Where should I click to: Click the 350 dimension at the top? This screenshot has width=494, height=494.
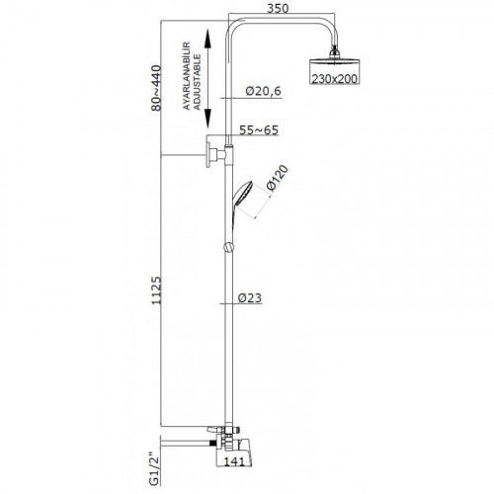278,8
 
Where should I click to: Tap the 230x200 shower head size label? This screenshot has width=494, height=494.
334,79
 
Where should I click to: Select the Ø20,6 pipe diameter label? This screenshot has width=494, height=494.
264,91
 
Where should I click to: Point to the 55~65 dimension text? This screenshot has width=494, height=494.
259,129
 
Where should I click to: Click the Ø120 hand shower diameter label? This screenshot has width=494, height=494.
278,178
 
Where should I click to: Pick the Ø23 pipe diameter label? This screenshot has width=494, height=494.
250,297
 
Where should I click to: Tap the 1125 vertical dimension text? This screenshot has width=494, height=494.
156,290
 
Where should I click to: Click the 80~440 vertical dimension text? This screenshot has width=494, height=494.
156,88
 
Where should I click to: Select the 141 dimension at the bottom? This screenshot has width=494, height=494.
234,461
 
